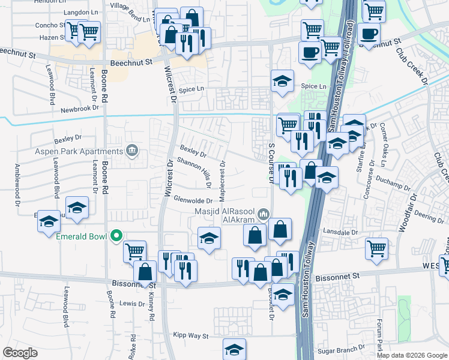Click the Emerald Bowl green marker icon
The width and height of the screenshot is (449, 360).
pos(118,236)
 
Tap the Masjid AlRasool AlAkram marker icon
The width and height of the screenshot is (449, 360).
pos(263,214)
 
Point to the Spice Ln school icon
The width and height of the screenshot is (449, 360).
pos(282,82)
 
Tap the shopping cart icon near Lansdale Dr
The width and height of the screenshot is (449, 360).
pos(376,247)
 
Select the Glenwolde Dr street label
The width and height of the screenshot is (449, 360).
pos(193,200)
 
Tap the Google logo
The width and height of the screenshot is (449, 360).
pos(20,353)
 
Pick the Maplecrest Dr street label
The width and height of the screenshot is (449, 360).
pos(223,181)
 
